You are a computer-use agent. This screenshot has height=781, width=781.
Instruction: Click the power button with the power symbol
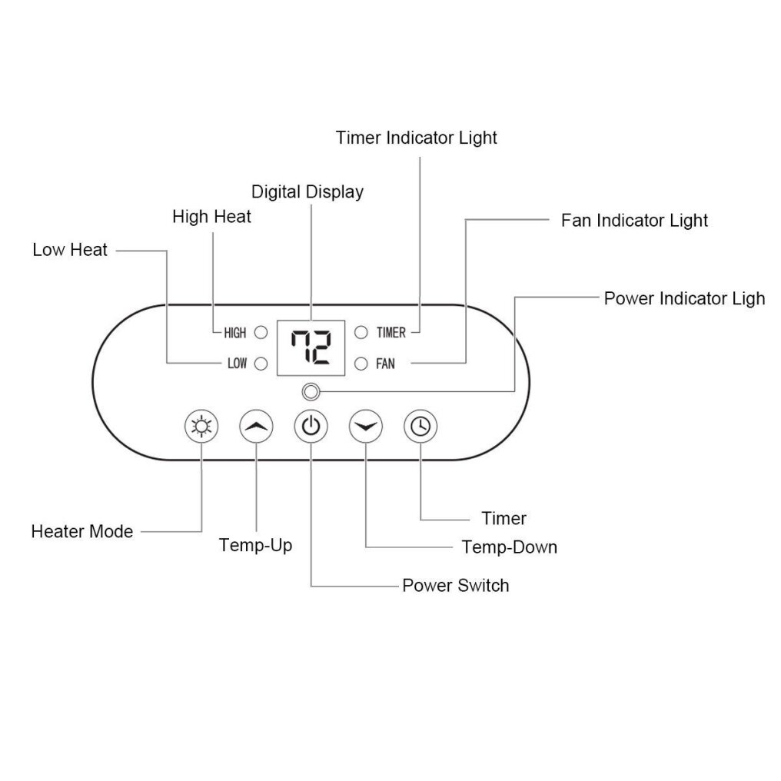click(x=311, y=426)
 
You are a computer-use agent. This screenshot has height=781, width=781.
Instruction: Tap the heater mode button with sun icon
click(x=201, y=426)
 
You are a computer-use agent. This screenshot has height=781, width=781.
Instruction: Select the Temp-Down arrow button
click(x=365, y=426)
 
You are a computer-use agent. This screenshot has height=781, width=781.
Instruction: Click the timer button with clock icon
click(x=420, y=426)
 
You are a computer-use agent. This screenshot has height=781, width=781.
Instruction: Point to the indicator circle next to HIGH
click(x=261, y=333)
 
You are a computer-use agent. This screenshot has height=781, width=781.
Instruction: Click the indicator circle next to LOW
click(x=261, y=364)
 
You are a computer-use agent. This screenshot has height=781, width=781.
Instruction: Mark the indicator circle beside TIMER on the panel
click(x=361, y=333)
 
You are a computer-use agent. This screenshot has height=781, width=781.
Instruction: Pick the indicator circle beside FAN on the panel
click(x=361, y=364)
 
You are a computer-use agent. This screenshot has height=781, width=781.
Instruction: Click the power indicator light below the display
click(x=310, y=392)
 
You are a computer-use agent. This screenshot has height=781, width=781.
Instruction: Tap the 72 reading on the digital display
click(x=311, y=347)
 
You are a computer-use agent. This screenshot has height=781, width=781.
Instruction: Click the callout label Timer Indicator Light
click(x=417, y=138)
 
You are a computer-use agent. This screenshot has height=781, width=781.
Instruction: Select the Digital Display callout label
click(x=307, y=191)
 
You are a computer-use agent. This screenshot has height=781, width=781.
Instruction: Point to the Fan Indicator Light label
click(x=634, y=221)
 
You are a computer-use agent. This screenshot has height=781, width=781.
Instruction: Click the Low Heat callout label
click(x=70, y=250)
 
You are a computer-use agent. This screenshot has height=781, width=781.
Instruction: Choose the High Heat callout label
click(x=211, y=217)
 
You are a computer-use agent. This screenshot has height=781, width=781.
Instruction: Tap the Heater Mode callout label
click(x=82, y=531)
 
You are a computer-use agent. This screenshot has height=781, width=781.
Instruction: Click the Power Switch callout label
click(x=455, y=586)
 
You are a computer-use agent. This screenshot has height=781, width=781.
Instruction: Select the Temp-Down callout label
click(x=509, y=547)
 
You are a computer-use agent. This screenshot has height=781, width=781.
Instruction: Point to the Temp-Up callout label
click(x=255, y=546)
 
